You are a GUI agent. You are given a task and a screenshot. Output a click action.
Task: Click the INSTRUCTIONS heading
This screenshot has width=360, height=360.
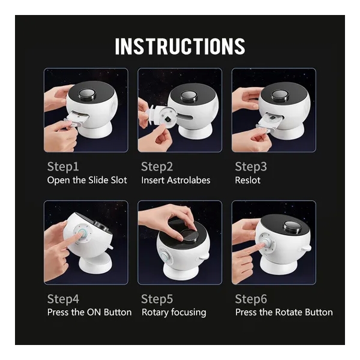coord(180,46)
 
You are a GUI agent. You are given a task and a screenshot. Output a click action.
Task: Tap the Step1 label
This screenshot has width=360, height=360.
coord(63,167)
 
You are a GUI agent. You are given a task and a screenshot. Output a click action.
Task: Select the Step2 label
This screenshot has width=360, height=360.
coord(157,167)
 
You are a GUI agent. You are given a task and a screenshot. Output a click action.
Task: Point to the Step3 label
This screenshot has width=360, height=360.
coord(251,167)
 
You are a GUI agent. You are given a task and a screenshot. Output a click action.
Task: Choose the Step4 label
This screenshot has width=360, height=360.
coord(63,299)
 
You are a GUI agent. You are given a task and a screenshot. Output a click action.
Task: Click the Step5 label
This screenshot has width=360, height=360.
coord(157,299)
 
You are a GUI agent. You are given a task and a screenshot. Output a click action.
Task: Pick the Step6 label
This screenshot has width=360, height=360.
coord(251,299)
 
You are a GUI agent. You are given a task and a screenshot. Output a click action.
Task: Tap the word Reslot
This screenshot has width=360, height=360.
coord(248,180)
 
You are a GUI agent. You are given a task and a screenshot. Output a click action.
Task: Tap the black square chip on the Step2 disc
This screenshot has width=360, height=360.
coord(167,119)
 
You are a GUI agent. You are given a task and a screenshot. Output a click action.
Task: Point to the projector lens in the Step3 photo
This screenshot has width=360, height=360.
coord(279,95)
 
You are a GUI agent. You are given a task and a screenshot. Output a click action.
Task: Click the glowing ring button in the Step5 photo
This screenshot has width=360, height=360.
coord(164,256)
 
